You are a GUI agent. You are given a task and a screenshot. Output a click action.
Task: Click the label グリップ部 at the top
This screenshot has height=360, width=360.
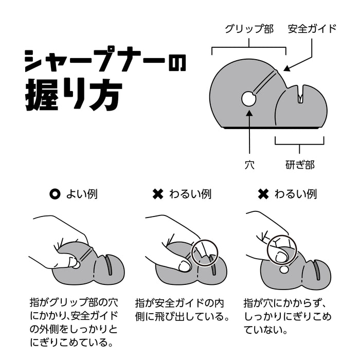[249, 29]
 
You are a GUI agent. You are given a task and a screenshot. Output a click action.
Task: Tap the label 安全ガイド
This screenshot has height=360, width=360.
[312, 29]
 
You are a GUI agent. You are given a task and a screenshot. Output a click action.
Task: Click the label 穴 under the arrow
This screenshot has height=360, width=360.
[249, 165]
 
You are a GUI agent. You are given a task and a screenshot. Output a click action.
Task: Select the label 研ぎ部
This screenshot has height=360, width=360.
[300, 165]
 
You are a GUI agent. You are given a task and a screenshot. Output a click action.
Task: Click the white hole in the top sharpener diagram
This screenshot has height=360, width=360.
[248, 99]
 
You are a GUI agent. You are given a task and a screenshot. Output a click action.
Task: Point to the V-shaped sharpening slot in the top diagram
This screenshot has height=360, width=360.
[300, 94]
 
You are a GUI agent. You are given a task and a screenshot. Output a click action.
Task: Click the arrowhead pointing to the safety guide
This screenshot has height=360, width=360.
[287, 68]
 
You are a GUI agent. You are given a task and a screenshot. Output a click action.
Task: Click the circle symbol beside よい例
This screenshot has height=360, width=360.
[55, 194]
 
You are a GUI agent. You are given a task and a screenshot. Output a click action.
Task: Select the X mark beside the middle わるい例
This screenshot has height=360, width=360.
[158, 194]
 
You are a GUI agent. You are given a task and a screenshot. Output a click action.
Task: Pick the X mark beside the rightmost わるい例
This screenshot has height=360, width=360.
[263, 194]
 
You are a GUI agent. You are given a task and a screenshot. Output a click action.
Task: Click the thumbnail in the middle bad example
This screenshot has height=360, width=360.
[184, 266]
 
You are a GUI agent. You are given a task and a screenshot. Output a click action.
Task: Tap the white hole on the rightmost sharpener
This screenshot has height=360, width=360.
[284, 269]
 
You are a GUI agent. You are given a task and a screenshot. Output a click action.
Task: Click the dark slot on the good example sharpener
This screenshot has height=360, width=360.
[109, 265]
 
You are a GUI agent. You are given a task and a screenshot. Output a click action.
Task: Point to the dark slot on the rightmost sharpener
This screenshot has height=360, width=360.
[317, 270]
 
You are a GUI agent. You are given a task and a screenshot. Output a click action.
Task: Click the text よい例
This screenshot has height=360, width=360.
[82, 194]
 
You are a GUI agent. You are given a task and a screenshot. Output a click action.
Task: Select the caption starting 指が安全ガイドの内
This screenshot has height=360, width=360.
[182, 310]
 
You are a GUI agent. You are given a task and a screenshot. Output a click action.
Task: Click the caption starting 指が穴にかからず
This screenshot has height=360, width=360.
[287, 316]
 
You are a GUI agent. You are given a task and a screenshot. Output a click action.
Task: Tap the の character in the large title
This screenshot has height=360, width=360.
[177, 62]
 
